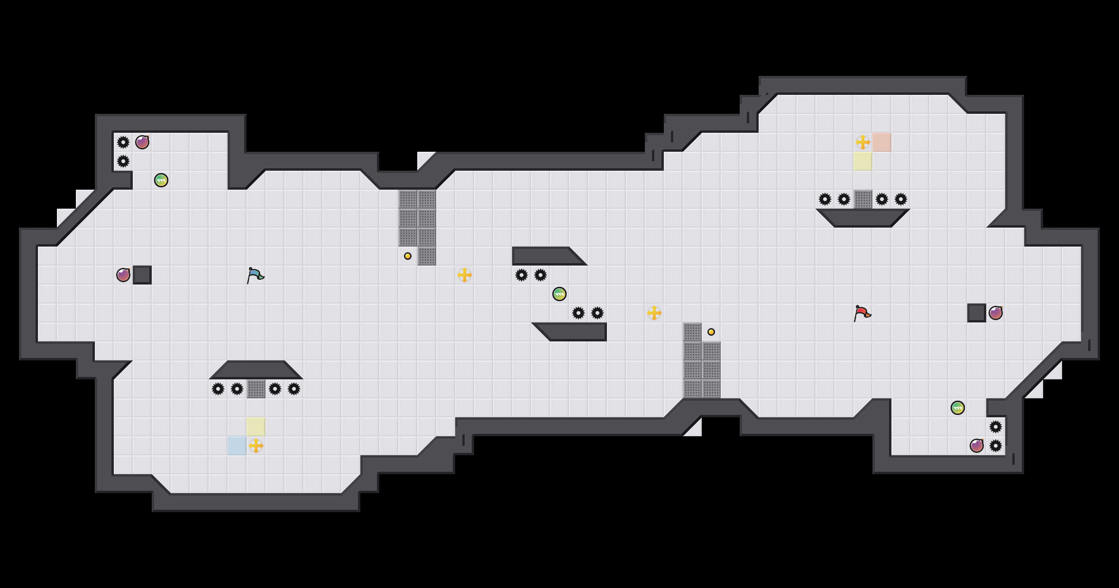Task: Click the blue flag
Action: (x=255, y=275)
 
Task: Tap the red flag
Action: (x=862, y=313)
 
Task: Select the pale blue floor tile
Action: (x=237, y=446)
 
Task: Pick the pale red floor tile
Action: (x=881, y=142)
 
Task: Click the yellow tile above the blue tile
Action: (x=256, y=427)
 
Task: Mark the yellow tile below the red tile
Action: (x=862, y=161)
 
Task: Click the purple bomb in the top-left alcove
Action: (x=142, y=142)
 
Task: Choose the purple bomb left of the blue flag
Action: (x=123, y=275)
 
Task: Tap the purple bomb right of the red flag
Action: (x=996, y=313)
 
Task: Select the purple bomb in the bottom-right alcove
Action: (x=977, y=446)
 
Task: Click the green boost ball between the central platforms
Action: (x=559, y=294)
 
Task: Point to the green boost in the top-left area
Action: (x=161, y=180)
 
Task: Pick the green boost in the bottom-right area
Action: (x=958, y=408)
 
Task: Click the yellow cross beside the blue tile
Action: (x=256, y=446)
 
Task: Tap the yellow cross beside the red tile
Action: (x=863, y=142)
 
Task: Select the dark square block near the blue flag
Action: (x=142, y=275)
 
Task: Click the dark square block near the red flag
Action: (x=977, y=313)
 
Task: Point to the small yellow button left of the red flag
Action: (x=711, y=332)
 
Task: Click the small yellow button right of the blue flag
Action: (x=408, y=256)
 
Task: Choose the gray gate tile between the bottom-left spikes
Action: (x=256, y=389)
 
